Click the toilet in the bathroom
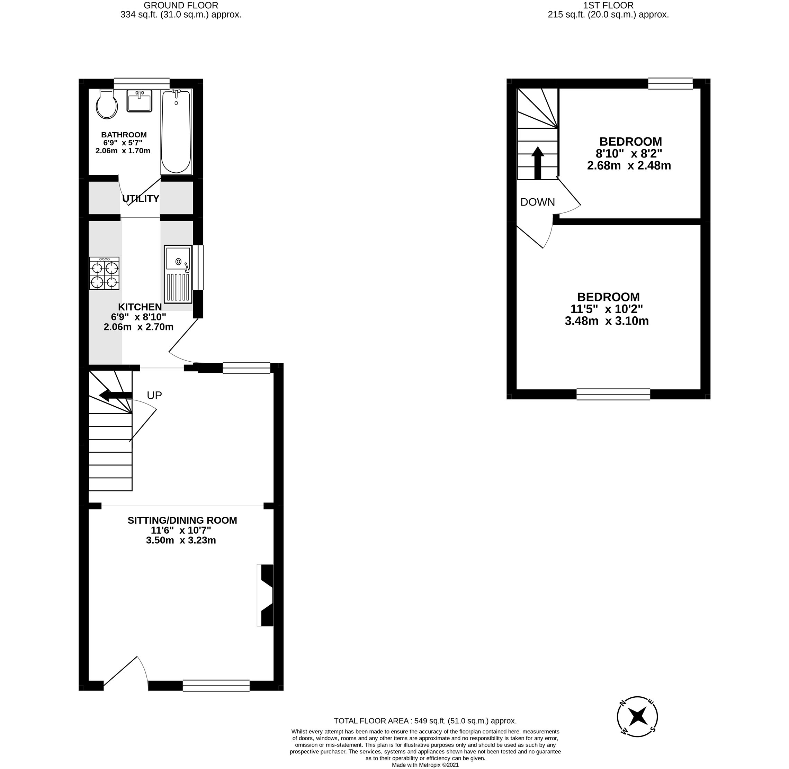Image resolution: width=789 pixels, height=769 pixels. click(107, 105)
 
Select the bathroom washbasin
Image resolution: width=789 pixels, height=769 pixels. click(140, 101)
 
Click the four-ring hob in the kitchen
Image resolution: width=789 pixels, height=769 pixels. click(104, 273)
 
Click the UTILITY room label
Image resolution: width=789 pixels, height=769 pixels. click(141, 199)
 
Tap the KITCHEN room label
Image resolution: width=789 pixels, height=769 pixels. click(140, 307)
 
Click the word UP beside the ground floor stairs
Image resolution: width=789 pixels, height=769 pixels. click(154, 396)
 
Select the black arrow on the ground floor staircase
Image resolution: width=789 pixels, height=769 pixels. click(116, 396)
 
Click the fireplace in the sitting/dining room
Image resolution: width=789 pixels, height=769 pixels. click(266, 595)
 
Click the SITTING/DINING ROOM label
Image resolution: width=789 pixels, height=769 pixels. click(182, 520)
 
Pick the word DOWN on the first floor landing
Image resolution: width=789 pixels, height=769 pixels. click(537, 202)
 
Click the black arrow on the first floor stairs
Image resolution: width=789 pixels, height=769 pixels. click(537, 163)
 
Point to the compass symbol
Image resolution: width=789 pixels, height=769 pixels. click(637, 716)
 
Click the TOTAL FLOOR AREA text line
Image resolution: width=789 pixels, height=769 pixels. click(425, 721)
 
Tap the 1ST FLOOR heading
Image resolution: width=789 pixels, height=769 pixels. click(608, 5)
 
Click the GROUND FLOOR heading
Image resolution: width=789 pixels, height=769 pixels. click(181, 5)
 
